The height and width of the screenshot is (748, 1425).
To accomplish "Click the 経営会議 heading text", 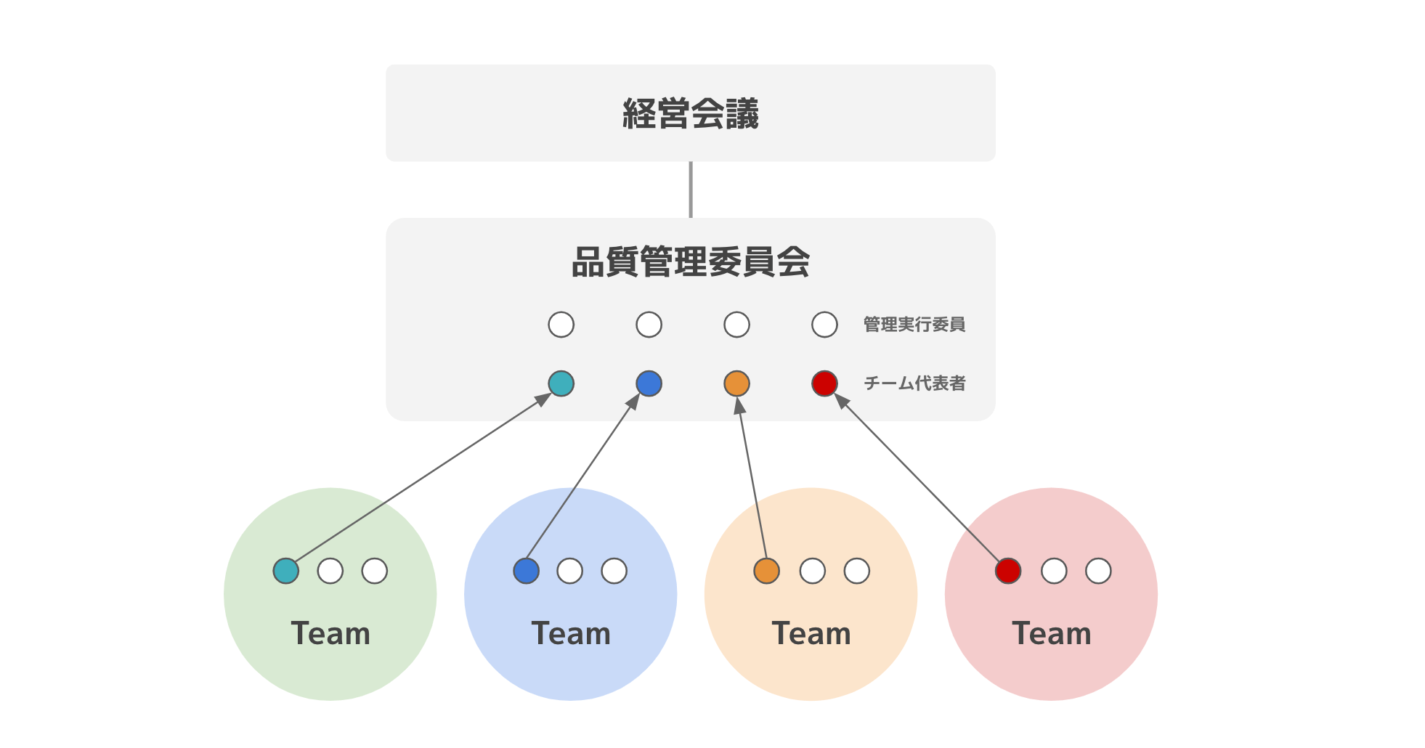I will click(x=690, y=114).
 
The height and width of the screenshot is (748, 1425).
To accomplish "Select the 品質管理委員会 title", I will click(x=690, y=262).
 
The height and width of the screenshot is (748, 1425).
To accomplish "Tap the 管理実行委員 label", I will click(x=914, y=325).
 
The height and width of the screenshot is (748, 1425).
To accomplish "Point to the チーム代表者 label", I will click(x=914, y=383).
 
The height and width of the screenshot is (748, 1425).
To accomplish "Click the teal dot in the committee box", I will click(x=561, y=383).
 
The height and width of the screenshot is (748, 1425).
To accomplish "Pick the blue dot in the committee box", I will click(x=649, y=383).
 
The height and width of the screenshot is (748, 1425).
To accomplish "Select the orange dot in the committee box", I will click(x=736, y=383).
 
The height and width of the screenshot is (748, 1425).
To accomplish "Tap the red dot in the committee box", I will click(x=824, y=383).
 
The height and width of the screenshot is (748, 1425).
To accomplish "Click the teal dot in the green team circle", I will click(x=286, y=571).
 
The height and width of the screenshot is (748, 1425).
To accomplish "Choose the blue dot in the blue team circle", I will click(x=526, y=571).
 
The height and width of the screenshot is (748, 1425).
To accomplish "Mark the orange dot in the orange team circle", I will click(x=766, y=571).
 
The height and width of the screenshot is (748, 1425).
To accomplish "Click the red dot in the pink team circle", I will click(x=1008, y=571).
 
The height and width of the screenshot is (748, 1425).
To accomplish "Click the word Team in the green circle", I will click(x=330, y=634).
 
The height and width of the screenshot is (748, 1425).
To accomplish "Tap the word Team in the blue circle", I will click(x=571, y=634).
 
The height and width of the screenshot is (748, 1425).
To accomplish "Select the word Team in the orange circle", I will click(x=811, y=634).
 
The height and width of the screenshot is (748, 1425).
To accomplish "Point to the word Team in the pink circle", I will click(x=1052, y=634).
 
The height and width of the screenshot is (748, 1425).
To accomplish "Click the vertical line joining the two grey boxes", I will click(x=690, y=190).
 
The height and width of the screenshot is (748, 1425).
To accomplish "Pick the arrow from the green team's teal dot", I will click(x=421, y=477).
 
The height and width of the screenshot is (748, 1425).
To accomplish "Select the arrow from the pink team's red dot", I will click(x=919, y=480).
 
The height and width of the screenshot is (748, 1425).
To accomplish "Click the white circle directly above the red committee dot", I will click(x=824, y=325).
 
